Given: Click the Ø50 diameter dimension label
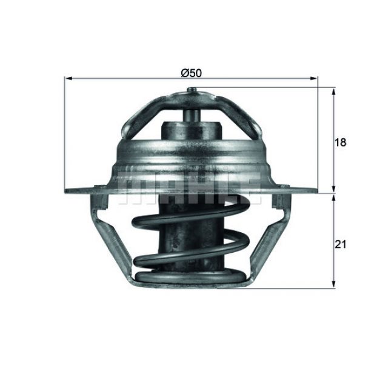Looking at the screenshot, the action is [191, 73].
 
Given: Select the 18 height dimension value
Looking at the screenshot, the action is [340, 142].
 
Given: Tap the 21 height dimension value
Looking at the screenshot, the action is [341, 244].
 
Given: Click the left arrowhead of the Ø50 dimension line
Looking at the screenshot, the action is [68, 78].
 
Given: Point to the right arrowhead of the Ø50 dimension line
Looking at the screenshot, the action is [313, 78].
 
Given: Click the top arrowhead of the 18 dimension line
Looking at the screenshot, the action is [333, 93].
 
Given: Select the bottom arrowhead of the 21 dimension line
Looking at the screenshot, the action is [333, 284].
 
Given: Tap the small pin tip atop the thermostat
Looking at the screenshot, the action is [192, 90].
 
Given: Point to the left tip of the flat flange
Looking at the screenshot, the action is [65, 191].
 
